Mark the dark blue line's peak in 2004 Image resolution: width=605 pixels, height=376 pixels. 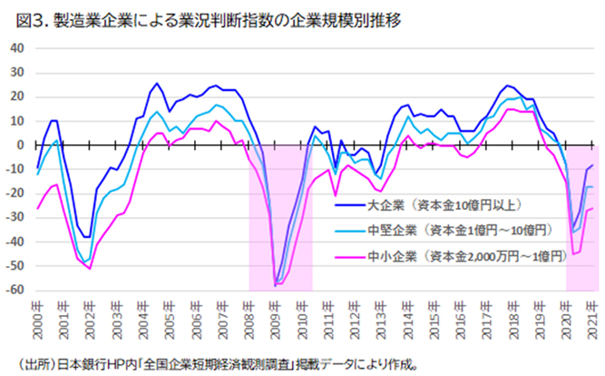(x=157, y=84)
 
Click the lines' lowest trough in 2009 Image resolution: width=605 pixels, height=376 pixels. (x=276, y=286)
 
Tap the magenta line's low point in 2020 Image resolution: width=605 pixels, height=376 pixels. (x=573, y=254)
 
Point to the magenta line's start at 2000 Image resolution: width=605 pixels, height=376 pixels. (x=37, y=209)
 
